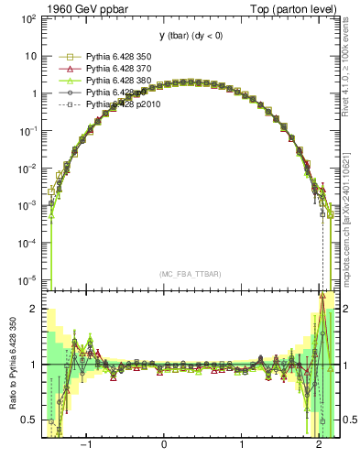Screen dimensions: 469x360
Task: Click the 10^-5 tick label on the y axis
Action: [x=27, y=279]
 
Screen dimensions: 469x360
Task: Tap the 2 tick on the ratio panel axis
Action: [x=34, y=309]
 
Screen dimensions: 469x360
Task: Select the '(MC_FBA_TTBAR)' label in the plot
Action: [x=191, y=274]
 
